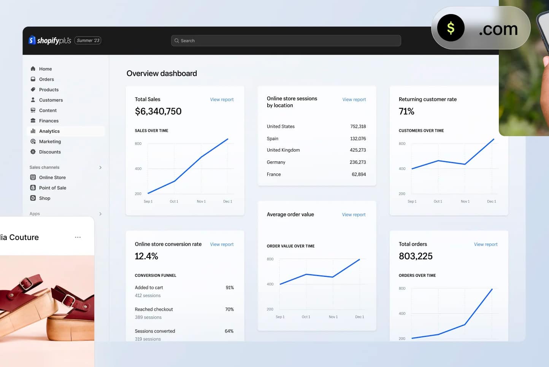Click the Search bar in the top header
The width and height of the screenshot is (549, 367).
click(x=286, y=41)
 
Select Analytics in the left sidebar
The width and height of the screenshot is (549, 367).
click(x=49, y=131)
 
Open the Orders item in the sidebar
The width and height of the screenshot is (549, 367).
click(x=46, y=79)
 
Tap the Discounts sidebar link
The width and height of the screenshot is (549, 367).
click(x=50, y=152)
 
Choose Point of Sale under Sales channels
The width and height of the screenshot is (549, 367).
click(x=52, y=188)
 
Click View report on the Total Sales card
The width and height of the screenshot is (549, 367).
click(x=222, y=100)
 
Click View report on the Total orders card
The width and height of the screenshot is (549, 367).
click(x=486, y=245)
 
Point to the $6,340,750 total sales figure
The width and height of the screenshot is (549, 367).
click(x=158, y=111)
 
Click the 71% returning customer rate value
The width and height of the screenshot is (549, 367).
click(x=406, y=111)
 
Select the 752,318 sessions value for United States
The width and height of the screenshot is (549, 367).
click(x=358, y=127)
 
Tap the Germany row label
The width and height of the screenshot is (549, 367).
click(x=276, y=162)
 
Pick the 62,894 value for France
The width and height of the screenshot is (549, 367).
click(x=359, y=175)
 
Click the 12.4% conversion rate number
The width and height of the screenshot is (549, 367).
click(x=146, y=256)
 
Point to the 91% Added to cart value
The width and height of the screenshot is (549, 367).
click(x=230, y=288)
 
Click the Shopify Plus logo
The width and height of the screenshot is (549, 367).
click(x=50, y=40)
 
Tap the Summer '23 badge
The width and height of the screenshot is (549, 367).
click(x=88, y=41)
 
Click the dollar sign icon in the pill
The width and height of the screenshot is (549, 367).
click(x=451, y=28)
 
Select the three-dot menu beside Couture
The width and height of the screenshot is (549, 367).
click(x=78, y=237)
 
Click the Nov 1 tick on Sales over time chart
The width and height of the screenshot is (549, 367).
click(x=201, y=202)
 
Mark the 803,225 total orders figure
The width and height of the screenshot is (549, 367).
click(x=416, y=256)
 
